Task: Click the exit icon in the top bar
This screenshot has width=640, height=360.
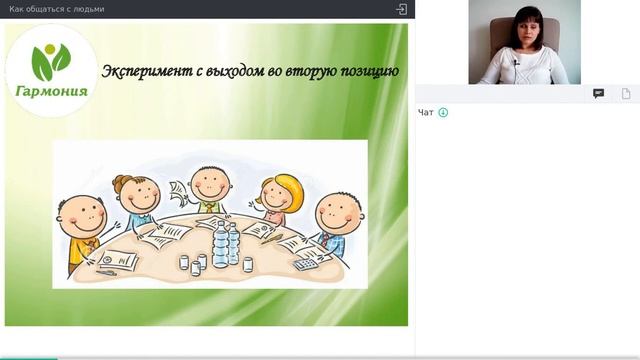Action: coord(401,9)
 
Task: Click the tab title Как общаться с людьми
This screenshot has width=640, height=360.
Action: coord(56,9)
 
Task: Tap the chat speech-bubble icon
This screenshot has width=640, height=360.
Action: coord(598,93)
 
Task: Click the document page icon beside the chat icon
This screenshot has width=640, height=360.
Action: coord(626,93)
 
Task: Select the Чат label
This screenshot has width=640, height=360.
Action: coord(426,113)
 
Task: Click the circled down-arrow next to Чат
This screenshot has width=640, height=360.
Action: coord(443,113)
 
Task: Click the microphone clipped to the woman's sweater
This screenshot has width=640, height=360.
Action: coord(516,63)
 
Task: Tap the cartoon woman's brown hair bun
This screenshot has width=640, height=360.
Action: coord(122,182)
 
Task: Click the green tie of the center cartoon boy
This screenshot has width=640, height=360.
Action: coord(210,206)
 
